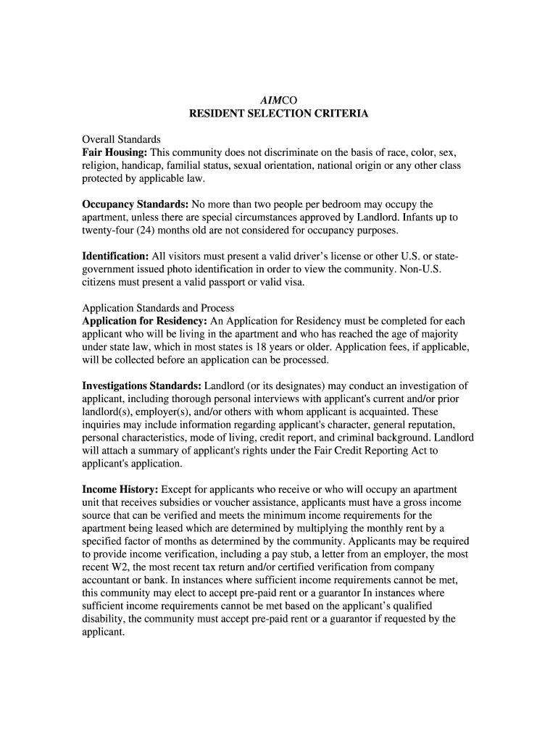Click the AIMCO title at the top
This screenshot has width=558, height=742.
279,100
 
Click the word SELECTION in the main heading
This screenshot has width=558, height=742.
275,114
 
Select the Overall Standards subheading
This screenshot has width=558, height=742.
122,139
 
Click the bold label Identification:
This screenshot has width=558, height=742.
115,256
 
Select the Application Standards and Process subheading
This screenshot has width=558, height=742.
158,308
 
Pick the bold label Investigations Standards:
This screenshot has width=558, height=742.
142,385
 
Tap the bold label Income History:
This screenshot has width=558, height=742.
120,490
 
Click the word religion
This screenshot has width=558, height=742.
101,166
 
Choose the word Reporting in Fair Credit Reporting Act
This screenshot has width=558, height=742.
365,451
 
